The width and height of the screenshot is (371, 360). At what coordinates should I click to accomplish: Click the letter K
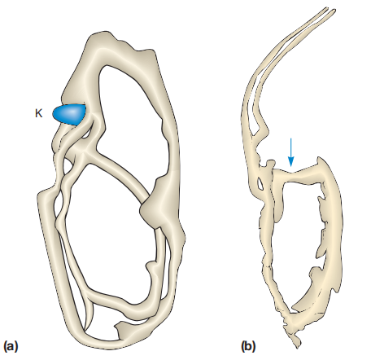click(x=38, y=113)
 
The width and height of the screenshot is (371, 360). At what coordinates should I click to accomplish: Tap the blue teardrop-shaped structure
click(x=69, y=114)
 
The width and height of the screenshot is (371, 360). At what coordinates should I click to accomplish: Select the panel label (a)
click(x=11, y=347)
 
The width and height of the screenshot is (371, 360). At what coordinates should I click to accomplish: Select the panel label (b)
click(x=248, y=347)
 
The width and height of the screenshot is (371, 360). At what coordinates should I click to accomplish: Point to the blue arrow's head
click(x=290, y=162)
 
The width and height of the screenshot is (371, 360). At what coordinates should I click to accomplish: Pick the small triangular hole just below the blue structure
click(x=86, y=134)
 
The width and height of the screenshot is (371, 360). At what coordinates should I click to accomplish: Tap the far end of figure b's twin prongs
click(x=331, y=10)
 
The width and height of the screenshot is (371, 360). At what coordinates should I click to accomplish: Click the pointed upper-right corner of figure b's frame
click(x=320, y=158)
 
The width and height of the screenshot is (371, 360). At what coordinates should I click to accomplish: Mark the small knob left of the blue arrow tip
click(x=271, y=165)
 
